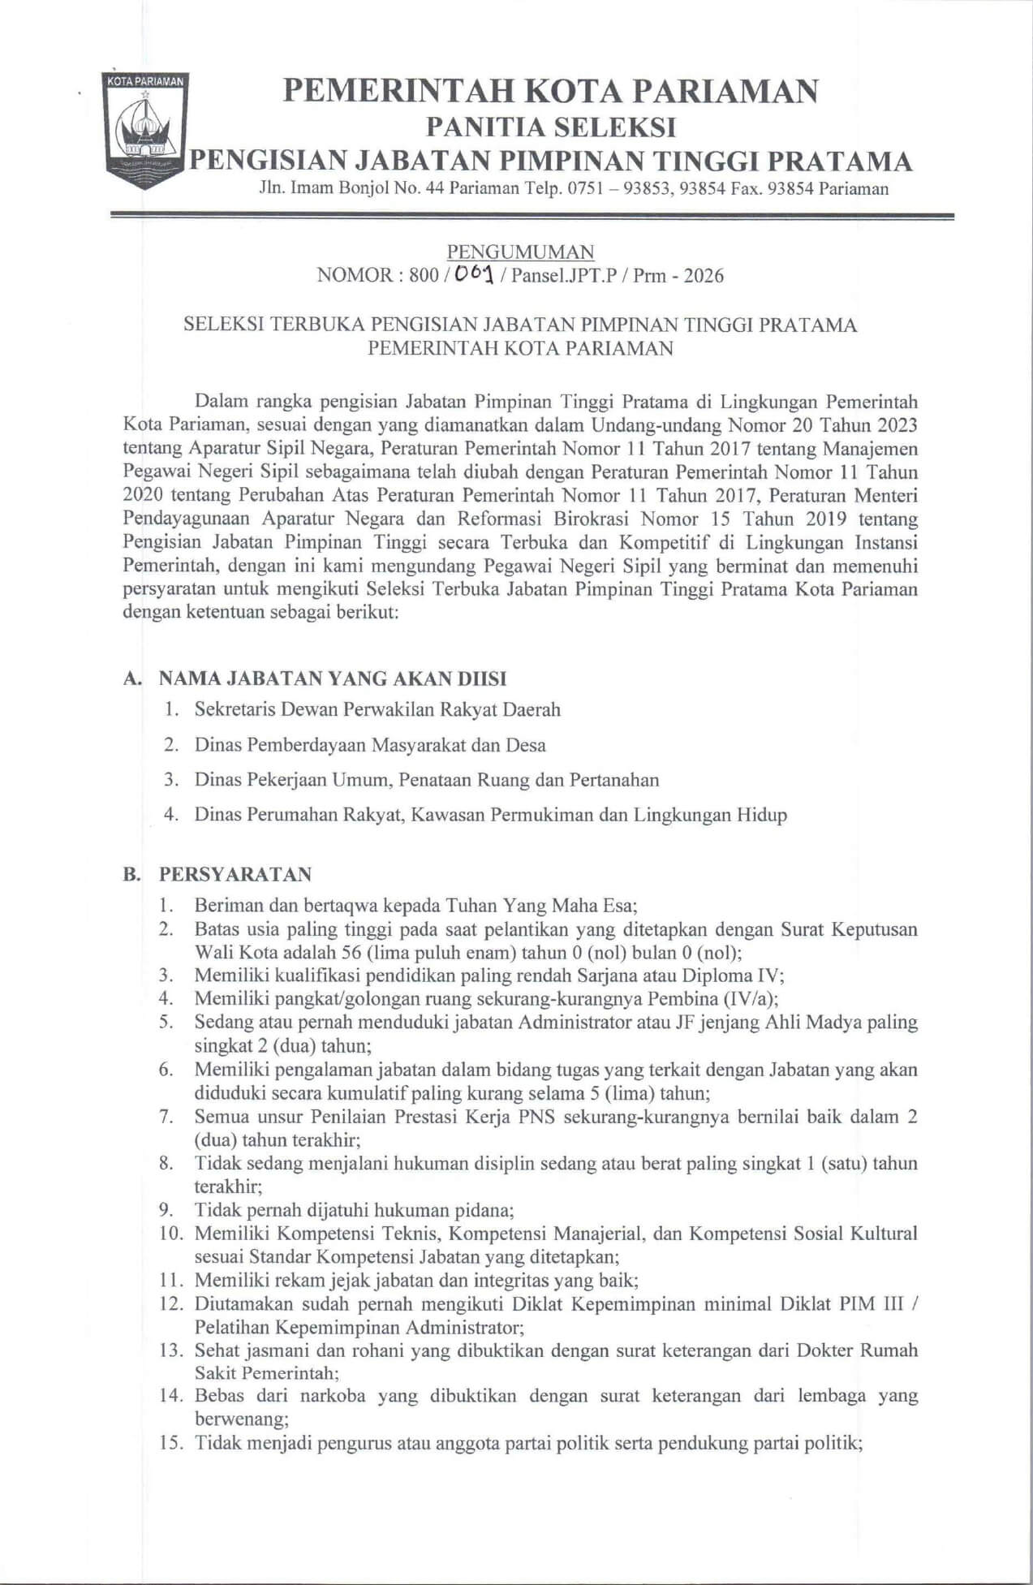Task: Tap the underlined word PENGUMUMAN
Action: (520, 252)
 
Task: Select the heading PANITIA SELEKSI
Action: (551, 127)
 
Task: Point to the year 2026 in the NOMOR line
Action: (703, 276)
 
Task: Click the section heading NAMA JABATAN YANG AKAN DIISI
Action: (333, 678)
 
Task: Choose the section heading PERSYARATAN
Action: (235, 874)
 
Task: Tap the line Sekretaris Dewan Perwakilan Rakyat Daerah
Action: (377, 709)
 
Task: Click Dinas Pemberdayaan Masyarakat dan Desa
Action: (370, 745)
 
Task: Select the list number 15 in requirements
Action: (169, 1444)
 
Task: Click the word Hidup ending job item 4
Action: (761, 815)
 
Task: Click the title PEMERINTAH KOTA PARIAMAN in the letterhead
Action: (550, 90)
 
